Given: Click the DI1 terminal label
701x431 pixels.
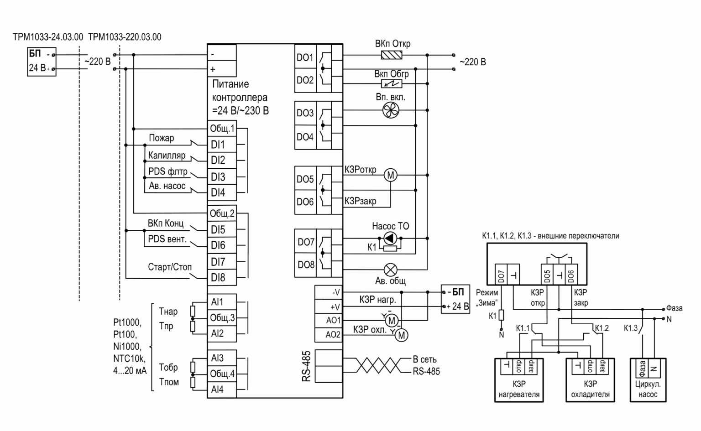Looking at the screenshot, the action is coord(218,145).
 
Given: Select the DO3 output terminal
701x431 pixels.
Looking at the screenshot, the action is coord(305,113).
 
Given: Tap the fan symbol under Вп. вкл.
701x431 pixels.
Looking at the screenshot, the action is coord(391,110).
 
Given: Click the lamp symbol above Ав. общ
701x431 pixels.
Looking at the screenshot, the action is coord(390,270).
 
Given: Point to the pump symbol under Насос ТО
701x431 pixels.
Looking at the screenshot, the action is coord(390,239).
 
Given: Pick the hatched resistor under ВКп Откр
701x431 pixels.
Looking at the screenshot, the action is coord(392,55).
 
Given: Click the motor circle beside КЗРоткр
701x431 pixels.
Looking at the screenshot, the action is coord(391,175).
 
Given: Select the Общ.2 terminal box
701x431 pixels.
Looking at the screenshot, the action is coord(222,213).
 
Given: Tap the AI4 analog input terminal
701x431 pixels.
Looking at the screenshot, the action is coord(217,389).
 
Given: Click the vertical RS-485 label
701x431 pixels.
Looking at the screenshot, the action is coord(306,366).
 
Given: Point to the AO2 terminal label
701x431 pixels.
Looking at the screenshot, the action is coord(333,335).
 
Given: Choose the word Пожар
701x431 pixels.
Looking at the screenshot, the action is coord(162,138).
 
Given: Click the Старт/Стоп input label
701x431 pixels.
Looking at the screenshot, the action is coord(170,267).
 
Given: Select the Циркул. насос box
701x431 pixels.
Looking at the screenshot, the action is coord(648,380).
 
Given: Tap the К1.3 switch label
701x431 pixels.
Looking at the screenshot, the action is coord(631,328).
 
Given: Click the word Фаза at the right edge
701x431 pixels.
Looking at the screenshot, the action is coord(675,308).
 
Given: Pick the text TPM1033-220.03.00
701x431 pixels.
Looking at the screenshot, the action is coord(125,37).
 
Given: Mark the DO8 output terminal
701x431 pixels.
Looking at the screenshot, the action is coord(306,265).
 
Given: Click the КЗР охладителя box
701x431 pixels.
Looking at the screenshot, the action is coord(590,380).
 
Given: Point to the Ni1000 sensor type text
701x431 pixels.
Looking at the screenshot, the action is coord(127,347).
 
